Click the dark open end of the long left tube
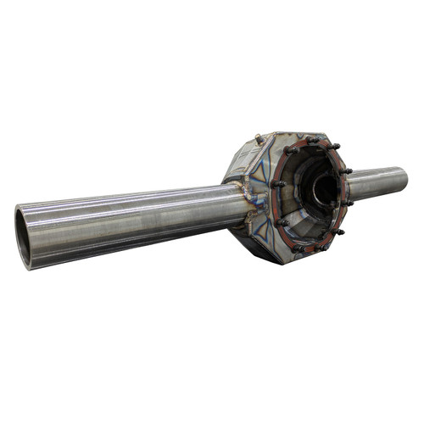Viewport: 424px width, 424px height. [24, 238]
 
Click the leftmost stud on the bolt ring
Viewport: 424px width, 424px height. [277, 184]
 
